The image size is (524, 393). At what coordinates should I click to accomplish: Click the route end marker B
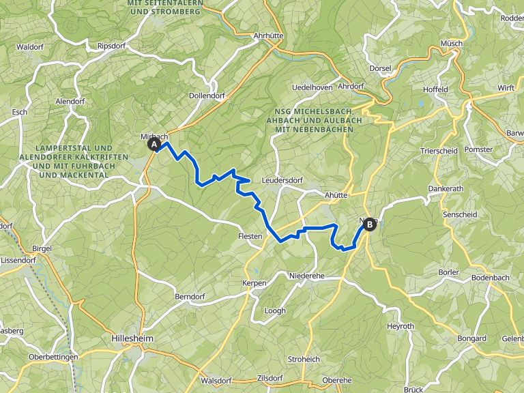click(370, 224)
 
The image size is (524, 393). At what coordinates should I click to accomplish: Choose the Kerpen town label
click(254, 282)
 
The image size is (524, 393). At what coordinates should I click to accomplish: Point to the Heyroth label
click(401, 326)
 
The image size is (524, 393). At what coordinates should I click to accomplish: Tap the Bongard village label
click(471, 338)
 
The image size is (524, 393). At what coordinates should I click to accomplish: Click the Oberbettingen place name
click(54, 357)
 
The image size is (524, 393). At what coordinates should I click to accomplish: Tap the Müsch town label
click(452, 43)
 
